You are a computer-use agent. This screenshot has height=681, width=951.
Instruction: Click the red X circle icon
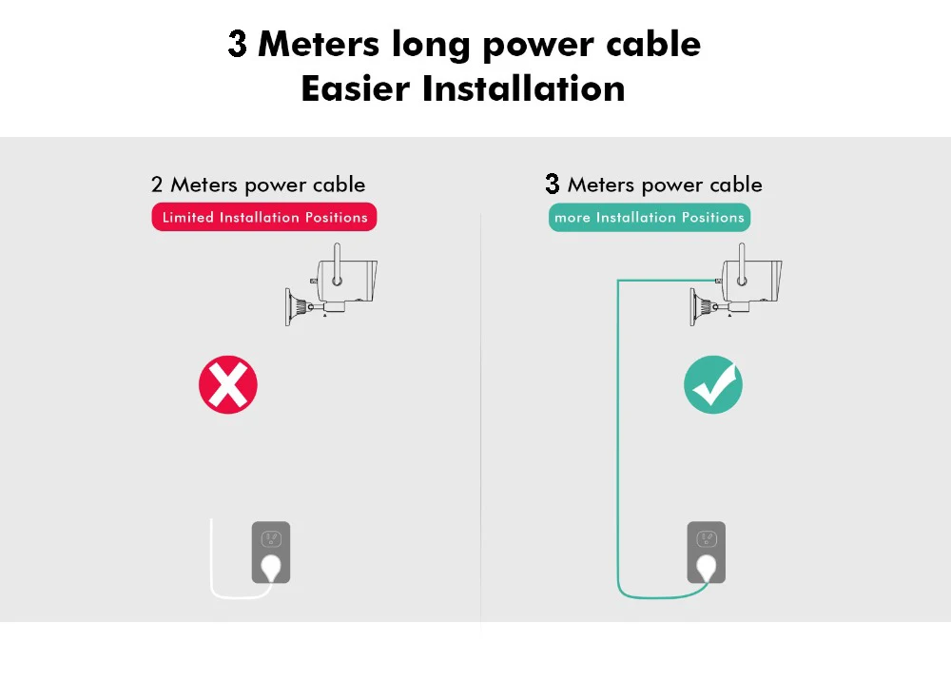click(228, 385)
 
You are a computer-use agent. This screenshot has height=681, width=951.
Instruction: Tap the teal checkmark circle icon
click(713, 385)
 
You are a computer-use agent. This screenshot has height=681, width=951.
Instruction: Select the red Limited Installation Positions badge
click(264, 217)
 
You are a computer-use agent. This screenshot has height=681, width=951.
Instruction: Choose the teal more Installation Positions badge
click(650, 217)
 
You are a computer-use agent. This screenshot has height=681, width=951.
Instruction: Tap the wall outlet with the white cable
click(271, 552)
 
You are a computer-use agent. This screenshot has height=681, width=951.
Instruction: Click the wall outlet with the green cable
click(707, 552)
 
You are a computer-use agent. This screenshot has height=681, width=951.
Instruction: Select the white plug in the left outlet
click(272, 569)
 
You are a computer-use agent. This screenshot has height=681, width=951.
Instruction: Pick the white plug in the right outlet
click(708, 569)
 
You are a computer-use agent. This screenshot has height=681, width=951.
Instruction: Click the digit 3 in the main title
click(238, 44)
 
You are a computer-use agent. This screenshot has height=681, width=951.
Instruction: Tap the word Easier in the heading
click(356, 88)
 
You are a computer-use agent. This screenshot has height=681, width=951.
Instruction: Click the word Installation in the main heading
click(524, 88)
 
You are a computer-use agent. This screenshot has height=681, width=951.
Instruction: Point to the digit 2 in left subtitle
click(157, 185)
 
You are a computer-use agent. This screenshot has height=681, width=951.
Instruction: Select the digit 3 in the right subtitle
click(553, 185)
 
